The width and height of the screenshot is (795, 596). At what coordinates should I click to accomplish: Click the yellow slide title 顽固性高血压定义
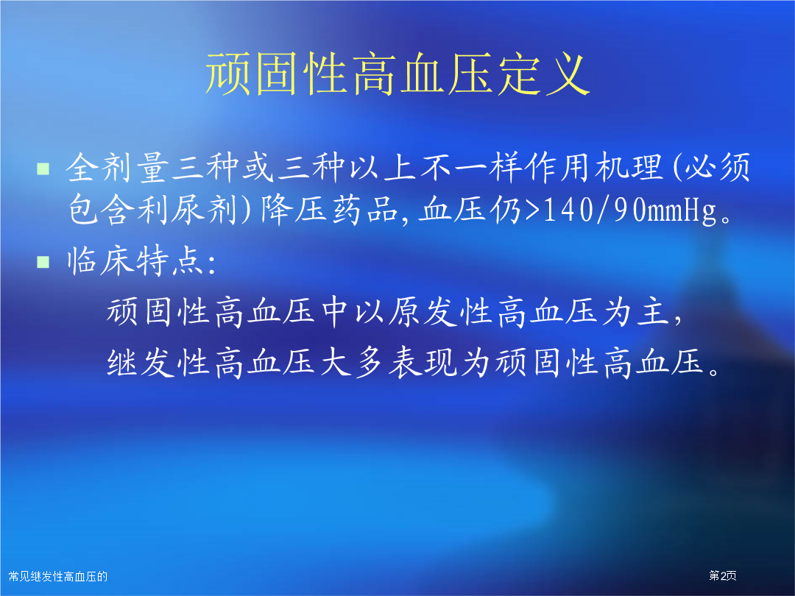click(397, 74)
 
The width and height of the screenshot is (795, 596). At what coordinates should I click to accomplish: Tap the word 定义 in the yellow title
click(543, 74)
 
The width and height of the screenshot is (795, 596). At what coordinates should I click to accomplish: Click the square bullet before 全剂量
click(43, 168)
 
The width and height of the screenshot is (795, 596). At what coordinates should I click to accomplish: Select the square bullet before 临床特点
click(43, 261)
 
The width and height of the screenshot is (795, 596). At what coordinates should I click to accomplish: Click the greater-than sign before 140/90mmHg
click(532, 210)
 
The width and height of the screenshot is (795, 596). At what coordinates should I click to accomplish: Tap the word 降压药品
click(330, 210)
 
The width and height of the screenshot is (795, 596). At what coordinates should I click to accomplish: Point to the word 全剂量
click(117, 167)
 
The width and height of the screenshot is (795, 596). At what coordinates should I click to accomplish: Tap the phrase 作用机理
click(594, 167)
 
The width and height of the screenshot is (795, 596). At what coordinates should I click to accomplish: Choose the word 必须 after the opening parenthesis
click(717, 167)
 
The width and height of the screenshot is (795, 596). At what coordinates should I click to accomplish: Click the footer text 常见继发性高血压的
click(58, 576)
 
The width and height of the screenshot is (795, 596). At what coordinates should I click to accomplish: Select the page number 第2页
click(723, 575)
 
